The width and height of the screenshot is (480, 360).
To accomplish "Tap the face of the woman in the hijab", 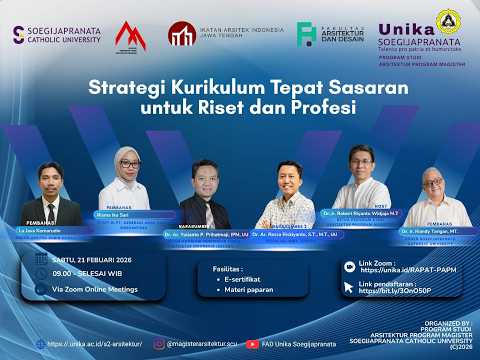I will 126,162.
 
